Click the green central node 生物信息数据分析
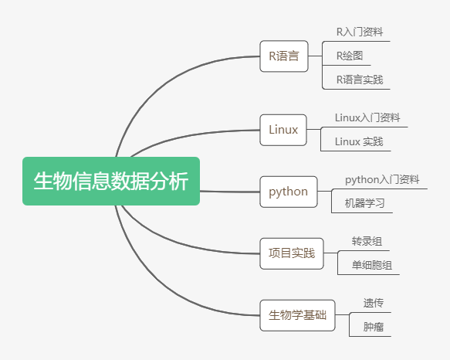pyautogui.click(x=111, y=181)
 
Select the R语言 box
pyautogui.click(x=284, y=56)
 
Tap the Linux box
pyautogui.click(x=283, y=130)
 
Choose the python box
pyautogui.click(x=289, y=192)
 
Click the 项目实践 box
pyautogui.click(x=292, y=253)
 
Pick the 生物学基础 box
pyautogui.click(x=297, y=315)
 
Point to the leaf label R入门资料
pyautogui.click(x=360, y=32)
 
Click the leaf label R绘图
pyautogui.click(x=350, y=56)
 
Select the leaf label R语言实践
pyautogui.click(x=360, y=80)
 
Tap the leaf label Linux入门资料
pyautogui.click(x=367, y=117)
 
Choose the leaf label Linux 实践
pyautogui.click(x=359, y=141)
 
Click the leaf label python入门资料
pyautogui.click(x=382, y=179)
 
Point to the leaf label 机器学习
pyautogui.click(x=364, y=203)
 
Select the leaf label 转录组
pyautogui.click(x=367, y=241)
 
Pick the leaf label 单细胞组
pyautogui.click(x=372, y=265)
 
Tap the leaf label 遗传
pyautogui.click(x=374, y=303)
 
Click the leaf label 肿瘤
pyautogui.click(x=374, y=327)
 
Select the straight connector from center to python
pyautogui.click(x=229, y=192)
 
